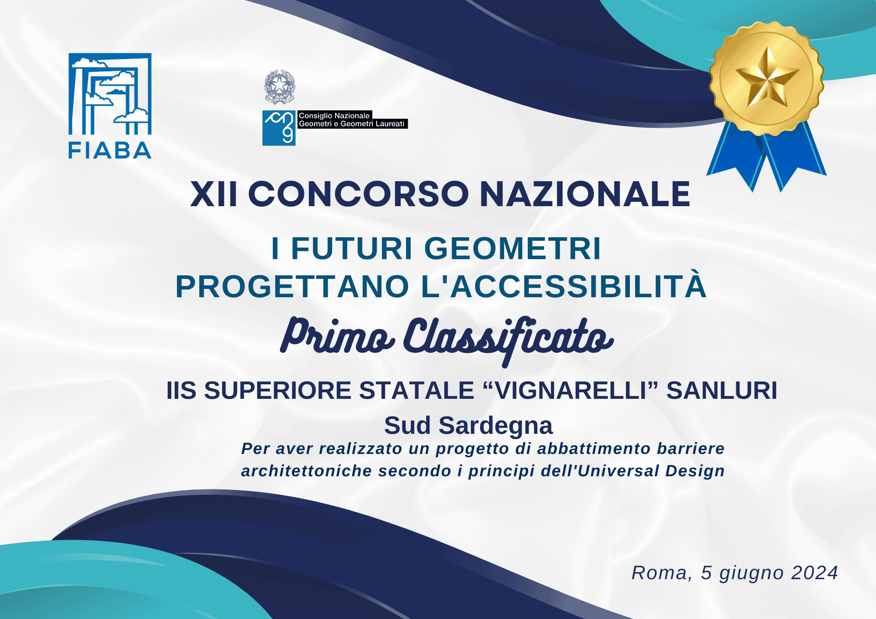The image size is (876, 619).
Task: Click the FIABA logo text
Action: [x=110, y=151]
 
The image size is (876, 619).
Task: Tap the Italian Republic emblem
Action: [x=279, y=87]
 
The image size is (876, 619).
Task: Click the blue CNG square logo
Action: [x=279, y=128]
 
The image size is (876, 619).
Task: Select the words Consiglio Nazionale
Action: [x=334, y=116]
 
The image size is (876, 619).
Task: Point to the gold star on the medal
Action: [x=767, y=78]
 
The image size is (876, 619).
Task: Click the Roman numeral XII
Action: [x=214, y=194]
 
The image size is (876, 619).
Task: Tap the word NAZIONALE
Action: [x=585, y=194]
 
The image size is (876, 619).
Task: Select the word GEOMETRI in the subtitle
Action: [x=512, y=249]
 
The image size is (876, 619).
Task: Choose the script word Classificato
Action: [x=508, y=340]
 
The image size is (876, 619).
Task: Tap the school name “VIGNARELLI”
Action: [x=571, y=390]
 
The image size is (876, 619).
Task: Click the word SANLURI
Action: [x=722, y=390]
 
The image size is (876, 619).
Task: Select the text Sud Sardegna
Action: [x=469, y=426]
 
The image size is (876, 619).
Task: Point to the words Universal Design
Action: [x=651, y=471]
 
